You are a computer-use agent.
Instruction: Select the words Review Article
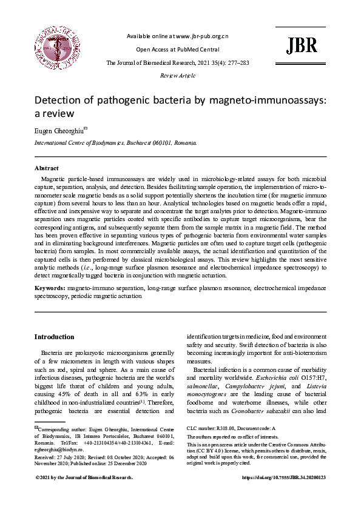(177, 76)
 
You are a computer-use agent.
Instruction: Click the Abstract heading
(47, 168)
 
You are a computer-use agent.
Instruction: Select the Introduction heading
(54, 337)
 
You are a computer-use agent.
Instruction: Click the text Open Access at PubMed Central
(177, 50)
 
